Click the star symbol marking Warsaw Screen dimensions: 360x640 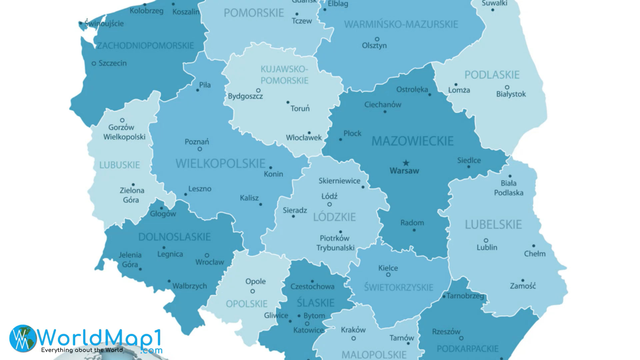point(406,163)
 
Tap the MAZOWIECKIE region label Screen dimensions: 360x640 point(412,141)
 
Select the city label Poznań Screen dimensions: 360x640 point(197,142)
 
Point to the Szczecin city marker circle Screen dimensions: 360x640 point(94,63)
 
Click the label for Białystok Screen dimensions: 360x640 point(511,94)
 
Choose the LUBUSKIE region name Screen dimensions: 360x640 point(119,165)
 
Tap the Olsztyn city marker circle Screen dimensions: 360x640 point(377,39)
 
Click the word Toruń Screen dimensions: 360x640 point(300,109)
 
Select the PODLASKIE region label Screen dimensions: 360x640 point(492,75)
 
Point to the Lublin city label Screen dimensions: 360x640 point(487,248)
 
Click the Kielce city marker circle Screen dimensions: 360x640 point(388,275)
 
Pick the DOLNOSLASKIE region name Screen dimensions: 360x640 point(174,237)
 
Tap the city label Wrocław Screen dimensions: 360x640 point(210,262)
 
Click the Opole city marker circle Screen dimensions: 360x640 point(253,291)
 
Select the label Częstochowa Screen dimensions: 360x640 point(312,287)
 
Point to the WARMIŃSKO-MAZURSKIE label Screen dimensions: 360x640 point(401,24)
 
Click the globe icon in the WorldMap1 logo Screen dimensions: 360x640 point(23,338)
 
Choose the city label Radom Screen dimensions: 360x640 point(412,223)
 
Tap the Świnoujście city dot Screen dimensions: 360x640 point(81,23)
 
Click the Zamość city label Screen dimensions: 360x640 point(523,286)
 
